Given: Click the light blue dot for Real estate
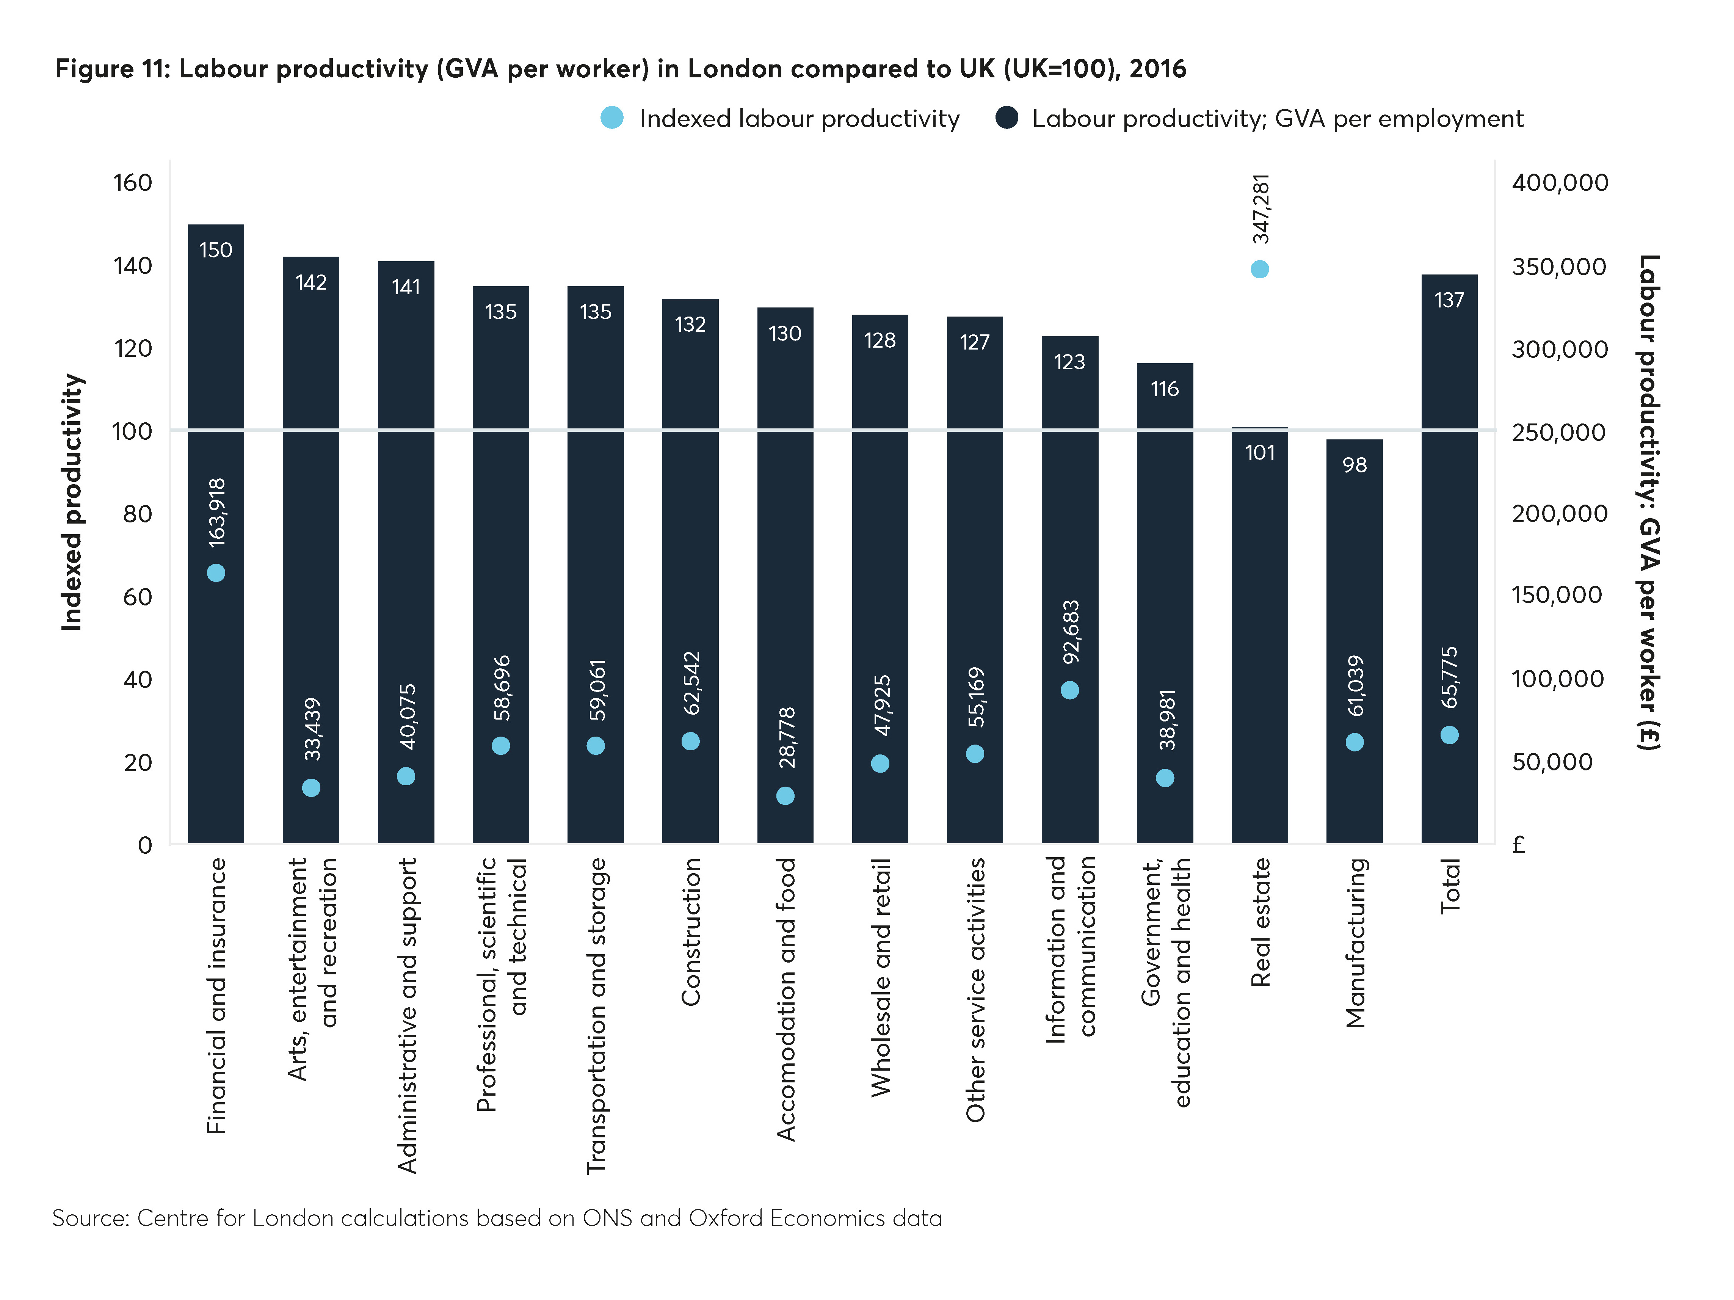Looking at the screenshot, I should (x=1260, y=269).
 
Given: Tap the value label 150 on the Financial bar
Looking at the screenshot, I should (x=216, y=250).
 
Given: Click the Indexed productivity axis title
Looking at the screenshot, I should (x=72, y=502).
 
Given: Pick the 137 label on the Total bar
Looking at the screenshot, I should (x=1449, y=300).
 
